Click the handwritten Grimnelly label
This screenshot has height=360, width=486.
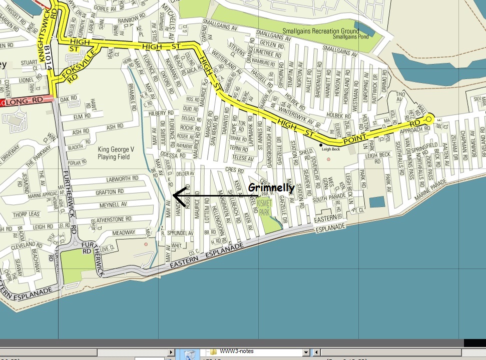(271, 188)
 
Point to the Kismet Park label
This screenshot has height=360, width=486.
(264, 208)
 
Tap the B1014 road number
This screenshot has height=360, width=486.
(48, 58)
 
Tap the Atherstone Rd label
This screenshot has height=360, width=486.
(114, 219)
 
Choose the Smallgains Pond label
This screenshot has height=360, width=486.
(350, 37)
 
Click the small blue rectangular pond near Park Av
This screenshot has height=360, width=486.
(377, 202)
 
